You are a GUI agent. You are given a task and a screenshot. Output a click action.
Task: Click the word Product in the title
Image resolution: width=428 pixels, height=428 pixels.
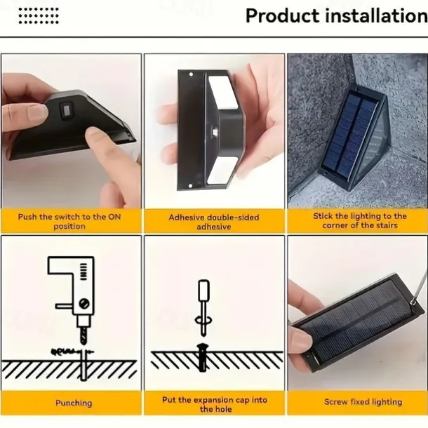(282, 15)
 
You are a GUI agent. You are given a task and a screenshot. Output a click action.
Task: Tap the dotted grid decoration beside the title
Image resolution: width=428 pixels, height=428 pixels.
(39, 16)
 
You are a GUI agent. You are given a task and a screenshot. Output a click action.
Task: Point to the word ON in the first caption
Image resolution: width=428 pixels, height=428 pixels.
(114, 217)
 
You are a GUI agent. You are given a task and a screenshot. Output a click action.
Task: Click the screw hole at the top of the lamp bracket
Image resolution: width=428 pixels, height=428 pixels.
(191, 74)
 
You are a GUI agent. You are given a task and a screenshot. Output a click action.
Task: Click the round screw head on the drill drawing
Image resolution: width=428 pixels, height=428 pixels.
(84, 303)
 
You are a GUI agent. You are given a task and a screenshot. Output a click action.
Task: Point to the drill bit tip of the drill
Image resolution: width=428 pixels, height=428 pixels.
(83, 343)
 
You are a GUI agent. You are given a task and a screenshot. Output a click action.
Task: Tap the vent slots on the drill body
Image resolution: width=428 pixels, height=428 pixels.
(83, 272)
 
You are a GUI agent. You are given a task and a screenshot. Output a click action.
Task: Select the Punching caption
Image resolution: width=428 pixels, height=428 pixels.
(74, 403)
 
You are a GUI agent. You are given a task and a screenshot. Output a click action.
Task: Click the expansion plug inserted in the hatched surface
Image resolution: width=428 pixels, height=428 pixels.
(203, 357)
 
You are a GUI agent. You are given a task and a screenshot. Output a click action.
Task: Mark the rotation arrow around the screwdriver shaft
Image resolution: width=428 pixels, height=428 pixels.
(203, 320)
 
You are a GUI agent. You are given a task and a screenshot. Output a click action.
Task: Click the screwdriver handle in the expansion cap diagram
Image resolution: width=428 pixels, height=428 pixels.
(203, 290)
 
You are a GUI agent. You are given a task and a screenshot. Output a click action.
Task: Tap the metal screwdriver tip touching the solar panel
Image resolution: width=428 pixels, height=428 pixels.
(414, 302)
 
